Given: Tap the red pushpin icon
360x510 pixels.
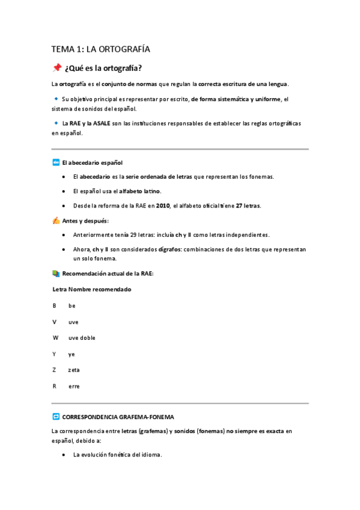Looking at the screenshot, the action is [x=57, y=67].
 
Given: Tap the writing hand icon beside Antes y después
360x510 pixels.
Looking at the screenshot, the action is [x=56, y=221].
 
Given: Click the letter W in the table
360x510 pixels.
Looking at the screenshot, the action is [x=55, y=337].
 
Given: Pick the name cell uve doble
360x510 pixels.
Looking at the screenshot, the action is [x=82, y=337].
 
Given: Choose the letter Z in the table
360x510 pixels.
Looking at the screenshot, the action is [x=54, y=370].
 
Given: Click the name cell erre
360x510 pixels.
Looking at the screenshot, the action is [x=74, y=386].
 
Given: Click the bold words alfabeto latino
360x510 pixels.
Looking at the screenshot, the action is [x=140, y=191].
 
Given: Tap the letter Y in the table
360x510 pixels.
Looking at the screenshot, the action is [x=54, y=354].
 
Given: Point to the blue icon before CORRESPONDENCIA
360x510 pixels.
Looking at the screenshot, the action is [x=56, y=416].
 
